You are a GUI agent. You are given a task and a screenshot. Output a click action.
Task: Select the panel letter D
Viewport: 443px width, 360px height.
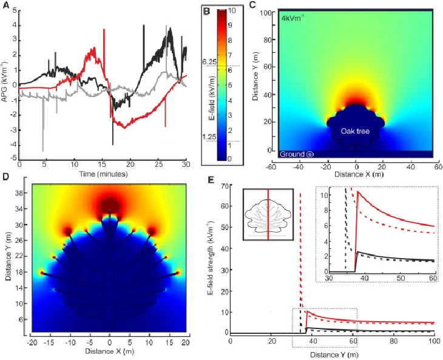[5, 177]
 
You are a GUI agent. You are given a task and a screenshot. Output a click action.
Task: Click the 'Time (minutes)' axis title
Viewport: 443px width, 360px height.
[102, 174]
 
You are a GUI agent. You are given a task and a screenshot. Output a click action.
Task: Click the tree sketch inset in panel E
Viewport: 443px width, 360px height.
[268, 214]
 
